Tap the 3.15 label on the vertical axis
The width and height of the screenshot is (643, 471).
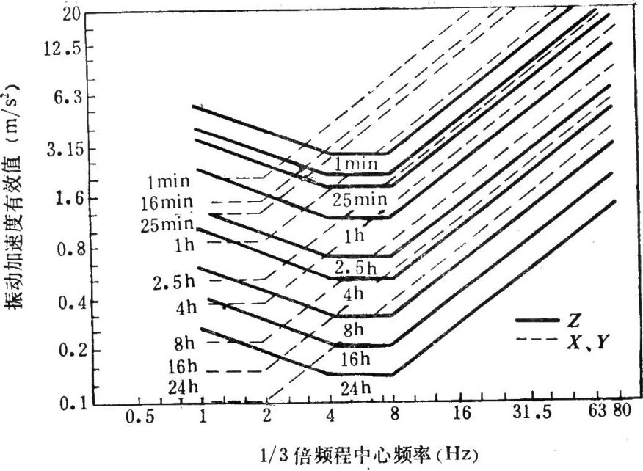point(61,149)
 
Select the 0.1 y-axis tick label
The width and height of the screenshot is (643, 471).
point(65,403)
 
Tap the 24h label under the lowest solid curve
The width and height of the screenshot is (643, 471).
point(356,388)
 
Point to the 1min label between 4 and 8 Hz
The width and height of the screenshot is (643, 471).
point(356,164)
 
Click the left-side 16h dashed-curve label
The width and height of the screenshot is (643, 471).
point(178,365)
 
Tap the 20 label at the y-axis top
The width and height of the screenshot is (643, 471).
point(70,16)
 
